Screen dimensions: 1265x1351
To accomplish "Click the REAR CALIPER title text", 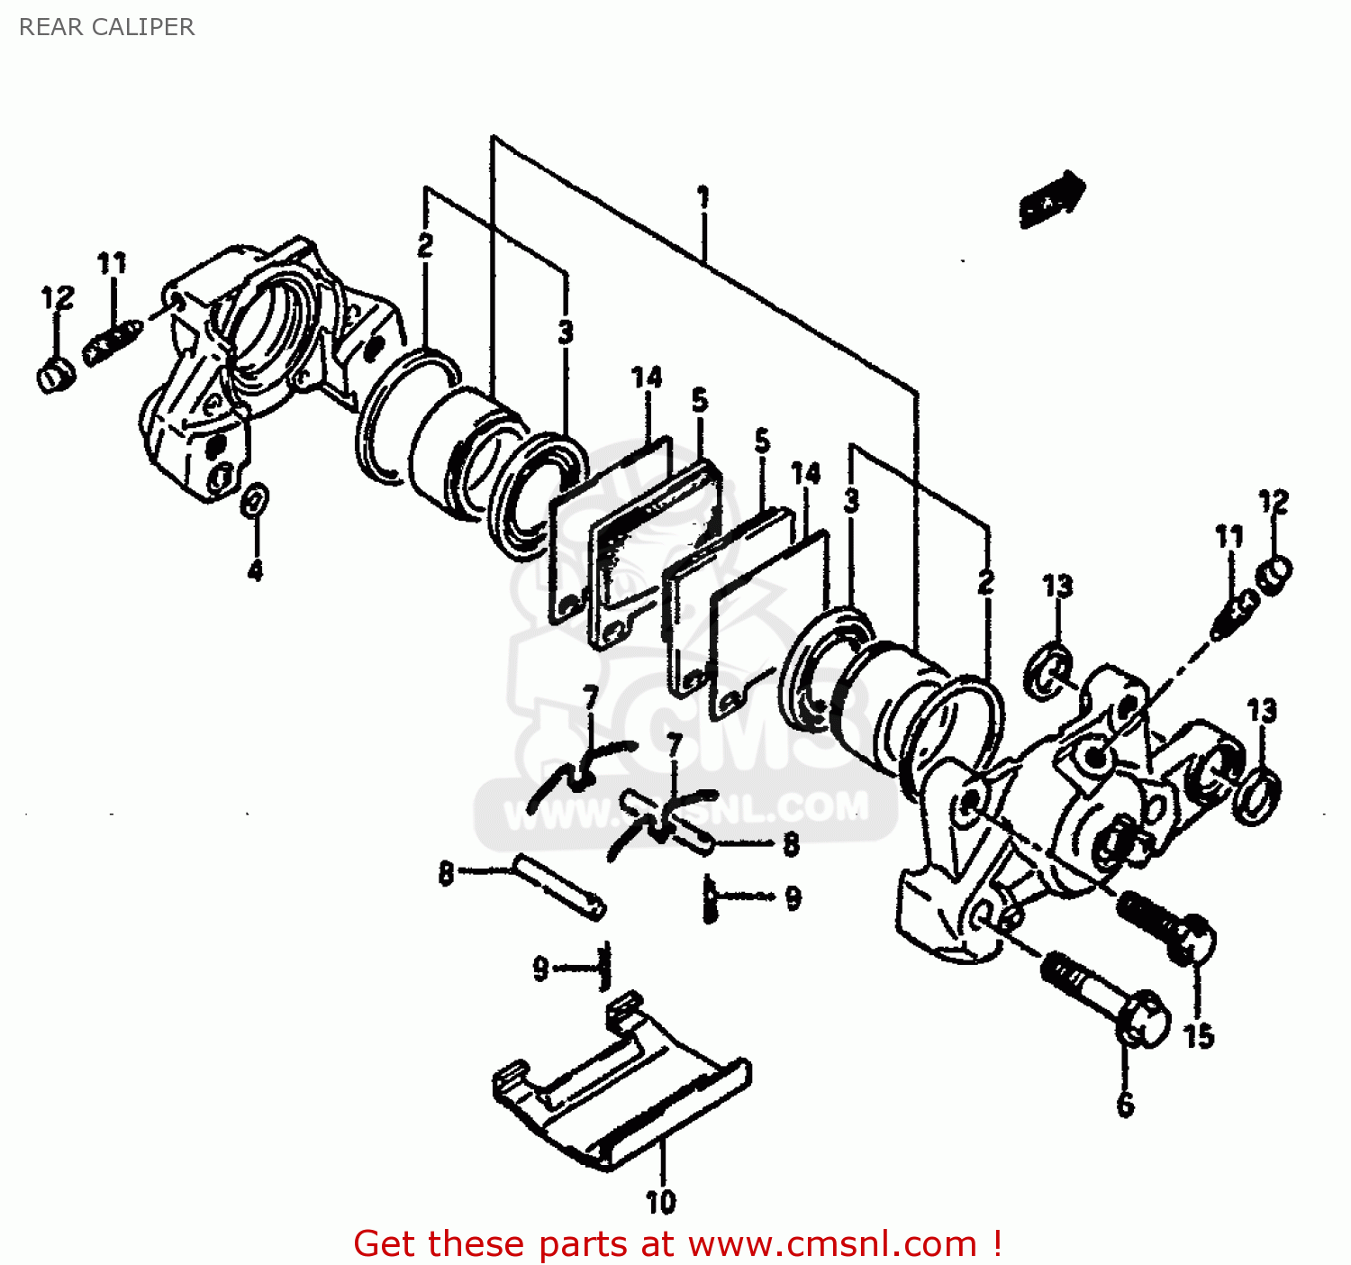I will pos(106,27).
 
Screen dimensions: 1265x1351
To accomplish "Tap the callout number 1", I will pos(703,197).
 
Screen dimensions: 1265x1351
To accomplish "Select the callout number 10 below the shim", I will pos(660,1201).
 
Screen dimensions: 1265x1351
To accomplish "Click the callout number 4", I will pos(256,569).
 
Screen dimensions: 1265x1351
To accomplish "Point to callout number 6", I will pos(1125,1105).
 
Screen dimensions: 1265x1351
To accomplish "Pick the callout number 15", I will pos(1199,1036).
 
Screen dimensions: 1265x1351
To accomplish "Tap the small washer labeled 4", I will pos(255,500).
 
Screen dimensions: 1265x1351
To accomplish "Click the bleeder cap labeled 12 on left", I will pos(56,374).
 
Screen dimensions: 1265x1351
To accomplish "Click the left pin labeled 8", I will pos(559,887).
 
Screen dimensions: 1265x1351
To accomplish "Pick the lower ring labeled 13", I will pos(1256,795).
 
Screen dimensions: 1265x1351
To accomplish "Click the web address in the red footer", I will pos(832,1243).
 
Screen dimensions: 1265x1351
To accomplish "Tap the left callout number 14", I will pos(647,378).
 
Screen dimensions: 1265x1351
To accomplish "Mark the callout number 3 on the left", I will pos(565,332).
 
